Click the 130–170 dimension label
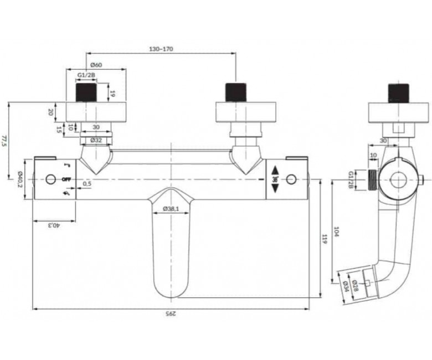161,49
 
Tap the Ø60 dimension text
96,65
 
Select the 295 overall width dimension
171,313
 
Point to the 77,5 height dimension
3,140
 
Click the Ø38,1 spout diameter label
171,209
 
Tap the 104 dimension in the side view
336,232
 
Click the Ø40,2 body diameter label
20,179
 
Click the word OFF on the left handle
66,179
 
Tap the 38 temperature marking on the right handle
275,179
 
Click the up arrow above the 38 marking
275,171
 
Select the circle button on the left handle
50,179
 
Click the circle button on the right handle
291,179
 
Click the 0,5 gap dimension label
87,184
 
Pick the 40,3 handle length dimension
54,225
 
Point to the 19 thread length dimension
112,94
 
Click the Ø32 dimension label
96,140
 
